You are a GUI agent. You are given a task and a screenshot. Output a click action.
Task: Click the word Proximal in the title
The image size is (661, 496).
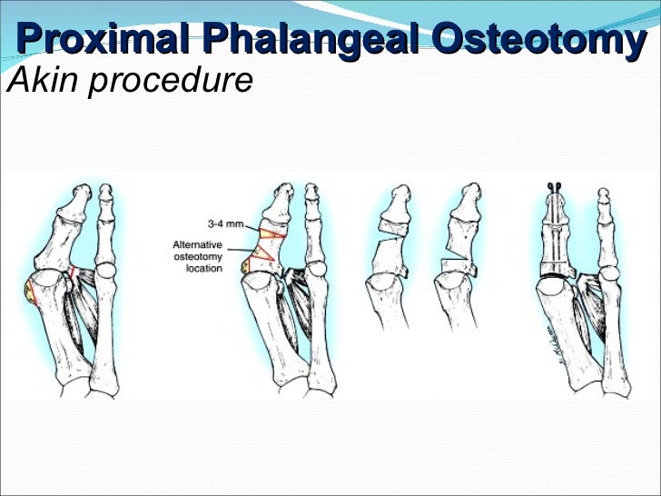(x=100, y=41)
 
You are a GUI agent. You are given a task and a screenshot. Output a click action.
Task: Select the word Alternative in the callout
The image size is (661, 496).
(x=197, y=244)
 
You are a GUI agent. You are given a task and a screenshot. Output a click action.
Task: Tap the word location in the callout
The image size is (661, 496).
(x=204, y=270)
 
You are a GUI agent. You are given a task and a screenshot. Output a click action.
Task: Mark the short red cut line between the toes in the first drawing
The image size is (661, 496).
(x=73, y=273)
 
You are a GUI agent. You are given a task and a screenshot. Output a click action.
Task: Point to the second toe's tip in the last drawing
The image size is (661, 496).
(x=605, y=196)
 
